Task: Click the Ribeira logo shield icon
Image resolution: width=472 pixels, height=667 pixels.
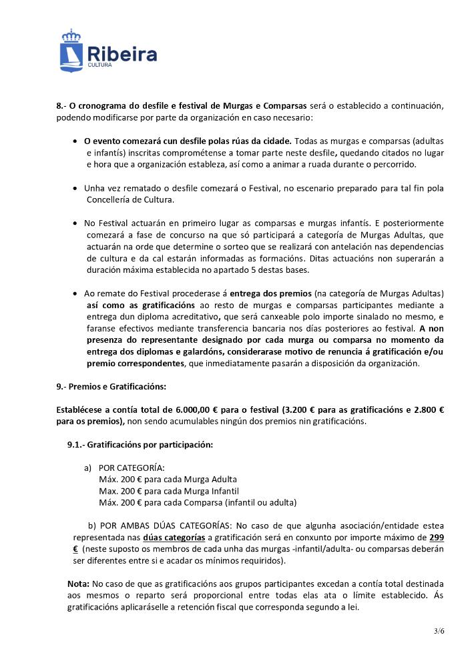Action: point(71,50)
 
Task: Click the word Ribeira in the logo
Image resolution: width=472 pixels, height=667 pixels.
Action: point(122,53)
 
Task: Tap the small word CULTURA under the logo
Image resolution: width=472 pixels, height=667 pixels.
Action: point(100,66)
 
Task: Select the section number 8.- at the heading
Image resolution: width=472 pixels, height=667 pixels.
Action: point(61,105)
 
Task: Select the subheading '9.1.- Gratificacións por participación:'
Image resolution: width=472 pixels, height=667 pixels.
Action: point(135,444)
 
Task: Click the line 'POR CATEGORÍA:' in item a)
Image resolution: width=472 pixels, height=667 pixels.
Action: point(132,468)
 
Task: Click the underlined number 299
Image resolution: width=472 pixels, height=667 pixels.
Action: point(437,538)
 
